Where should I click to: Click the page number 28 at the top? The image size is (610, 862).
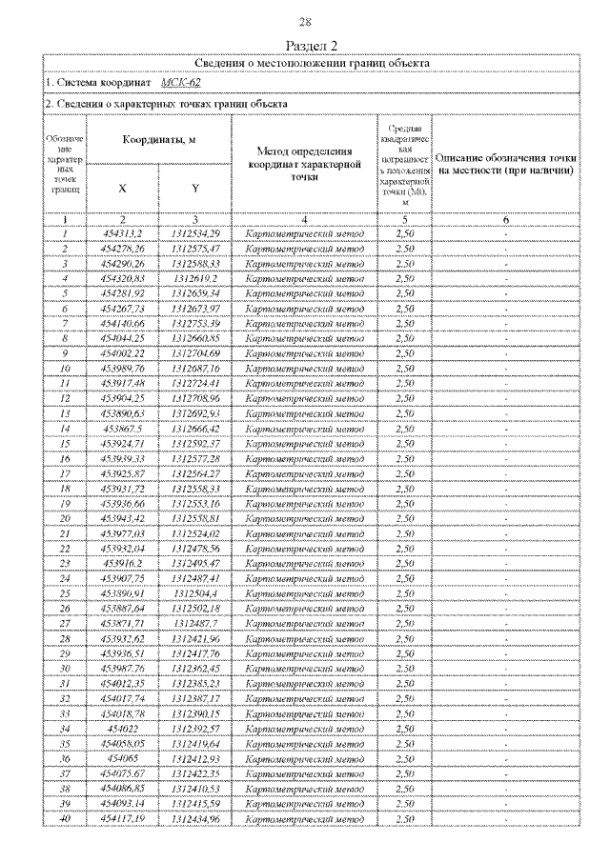(x=306, y=22)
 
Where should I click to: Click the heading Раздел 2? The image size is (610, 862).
(x=306, y=45)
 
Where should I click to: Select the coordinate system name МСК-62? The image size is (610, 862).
(x=180, y=83)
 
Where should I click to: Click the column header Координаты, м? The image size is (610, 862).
(x=158, y=139)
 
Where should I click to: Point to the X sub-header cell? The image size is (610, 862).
(x=122, y=188)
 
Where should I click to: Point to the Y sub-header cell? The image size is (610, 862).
(x=194, y=188)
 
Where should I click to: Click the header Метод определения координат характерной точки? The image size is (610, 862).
(x=303, y=158)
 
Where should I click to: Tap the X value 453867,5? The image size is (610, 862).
(x=122, y=429)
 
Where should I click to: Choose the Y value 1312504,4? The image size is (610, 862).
(x=195, y=592)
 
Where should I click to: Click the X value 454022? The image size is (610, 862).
(x=122, y=728)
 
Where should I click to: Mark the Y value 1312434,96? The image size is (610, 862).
(x=195, y=818)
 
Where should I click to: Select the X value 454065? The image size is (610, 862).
(x=122, y=758)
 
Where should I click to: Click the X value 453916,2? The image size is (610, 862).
(x=122, y=563)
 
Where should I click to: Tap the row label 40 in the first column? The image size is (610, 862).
(x=66, y=818)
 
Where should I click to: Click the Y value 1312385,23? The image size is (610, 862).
(x=195, y=683)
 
